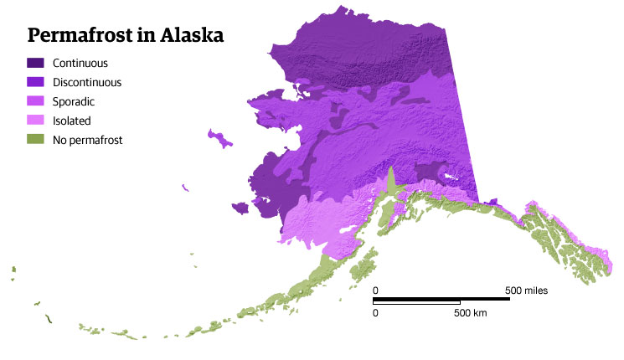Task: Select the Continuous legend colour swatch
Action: [x=35, y=63]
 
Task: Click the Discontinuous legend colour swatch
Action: [x=35, y=82]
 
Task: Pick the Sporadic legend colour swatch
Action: [x=35, y=101]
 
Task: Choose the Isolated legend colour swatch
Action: [x=35, y=121]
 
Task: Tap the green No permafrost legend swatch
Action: [x=35, y=140]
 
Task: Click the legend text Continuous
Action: [x=80, y=63]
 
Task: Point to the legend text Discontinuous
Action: [x=87, y=82]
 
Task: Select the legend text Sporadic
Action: [x=74, y=101]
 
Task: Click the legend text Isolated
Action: [x=71, y=121]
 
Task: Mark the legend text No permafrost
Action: [x=87, y=140]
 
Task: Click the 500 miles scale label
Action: [x=526, y=291]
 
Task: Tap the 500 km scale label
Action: [x=470, y=312]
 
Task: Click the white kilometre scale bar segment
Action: [x=417, y=302]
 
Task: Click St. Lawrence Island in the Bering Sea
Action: [x=220, y=138]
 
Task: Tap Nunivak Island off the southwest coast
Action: [x=240, y=208]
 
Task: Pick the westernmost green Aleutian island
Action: [x=13, y=270]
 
